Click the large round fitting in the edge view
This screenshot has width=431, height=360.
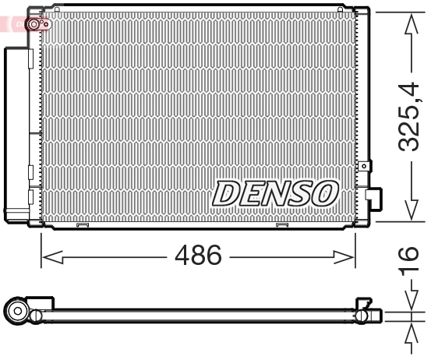(x=18, y=313)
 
